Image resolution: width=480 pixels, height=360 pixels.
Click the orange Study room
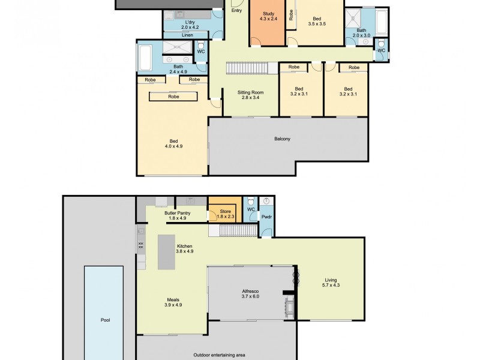(x=267, y=24)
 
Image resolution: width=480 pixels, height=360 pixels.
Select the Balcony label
(x=282, y=139)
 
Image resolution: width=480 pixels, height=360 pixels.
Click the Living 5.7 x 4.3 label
(x=331, y=282)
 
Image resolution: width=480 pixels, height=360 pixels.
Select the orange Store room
(x=223, y=214)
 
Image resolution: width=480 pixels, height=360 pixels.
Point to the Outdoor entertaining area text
(x=219, y=355)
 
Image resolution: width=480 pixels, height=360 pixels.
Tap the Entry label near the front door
(x=236, y=10)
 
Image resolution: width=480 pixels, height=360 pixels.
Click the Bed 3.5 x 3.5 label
(x=316, y=21)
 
